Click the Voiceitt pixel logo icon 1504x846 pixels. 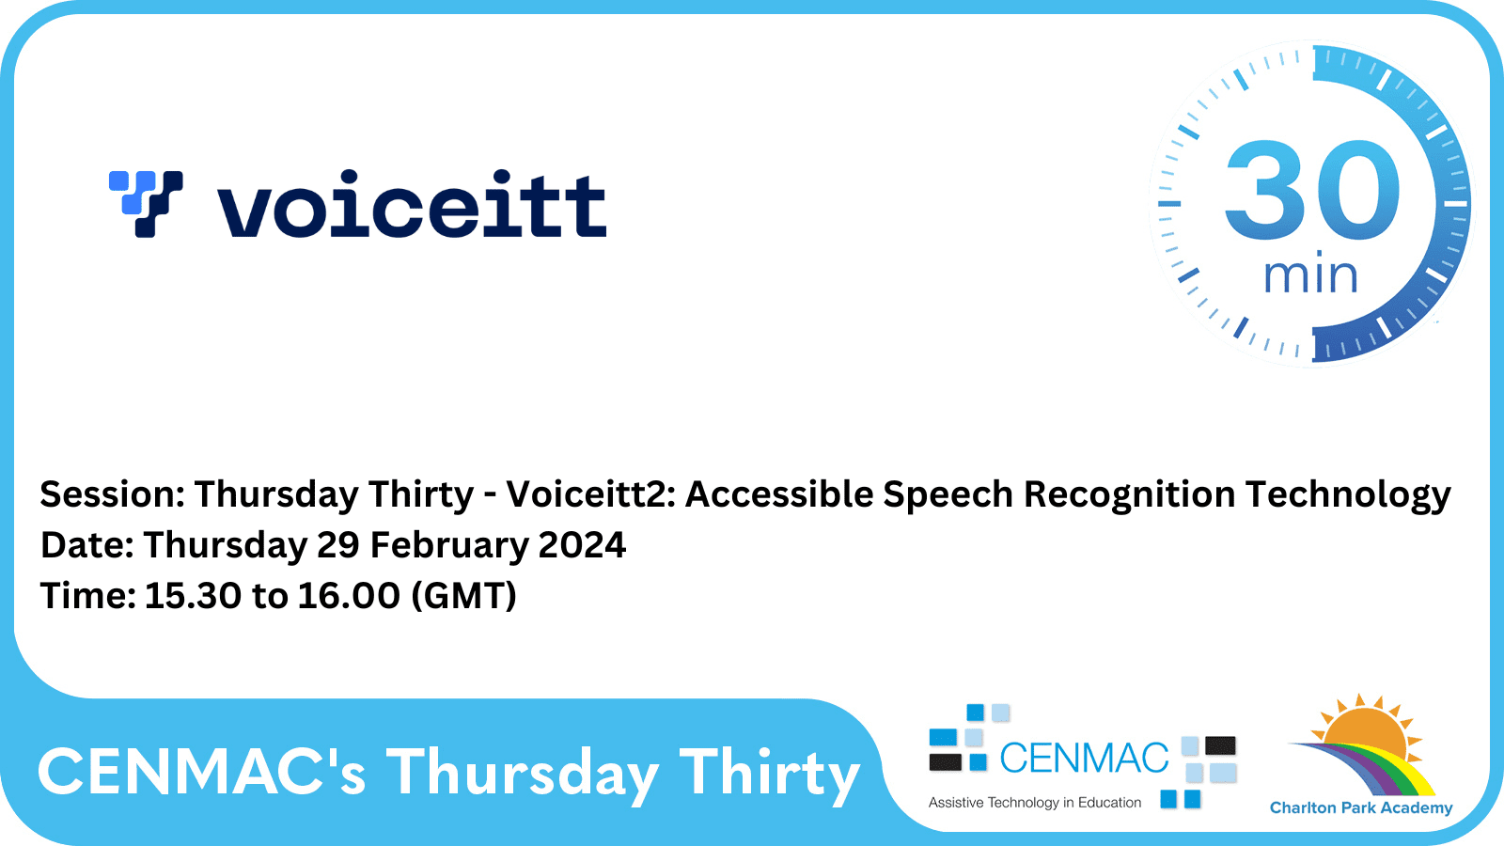point(146,203)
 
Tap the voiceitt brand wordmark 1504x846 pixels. point(412,204)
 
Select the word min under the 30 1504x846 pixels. point(1310,276)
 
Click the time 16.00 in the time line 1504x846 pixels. point(349,596)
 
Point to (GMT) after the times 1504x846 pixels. point(464,596)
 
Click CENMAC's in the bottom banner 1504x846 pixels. point(201,773)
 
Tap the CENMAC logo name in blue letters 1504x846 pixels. point(1083,759)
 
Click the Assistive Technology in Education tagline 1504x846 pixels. point(1034,803)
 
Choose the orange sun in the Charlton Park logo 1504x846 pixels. point(1366,732)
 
